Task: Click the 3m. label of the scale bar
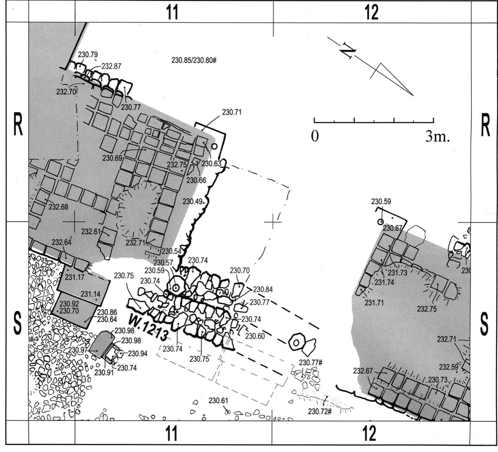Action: point(437,137)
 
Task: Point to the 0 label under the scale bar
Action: point(315,136)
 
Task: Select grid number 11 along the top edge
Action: point(172,13)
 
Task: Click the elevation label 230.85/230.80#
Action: point(194,60)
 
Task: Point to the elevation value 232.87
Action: point(111,66)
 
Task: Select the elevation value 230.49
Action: point(193,202)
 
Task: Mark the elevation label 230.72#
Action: point(319,411)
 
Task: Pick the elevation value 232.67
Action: point(363,371)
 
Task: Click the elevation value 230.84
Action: point(263,289)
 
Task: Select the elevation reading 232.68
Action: point(58,206)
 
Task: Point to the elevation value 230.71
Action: point(232,112)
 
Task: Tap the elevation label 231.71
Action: point(374,303)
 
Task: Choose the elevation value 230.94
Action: point(137,353)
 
